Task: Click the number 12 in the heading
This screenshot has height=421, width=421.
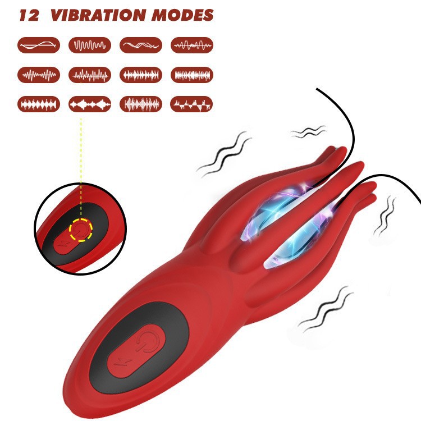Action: tap(29, 15)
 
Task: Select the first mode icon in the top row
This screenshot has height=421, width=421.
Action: tap(39, 45)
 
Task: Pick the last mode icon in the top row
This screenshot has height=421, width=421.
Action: tap(191, 45)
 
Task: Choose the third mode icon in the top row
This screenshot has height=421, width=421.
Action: tap(141, 45)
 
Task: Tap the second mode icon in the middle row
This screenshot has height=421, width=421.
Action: tap(89, 75)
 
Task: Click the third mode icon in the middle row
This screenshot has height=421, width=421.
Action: tap(141, 75)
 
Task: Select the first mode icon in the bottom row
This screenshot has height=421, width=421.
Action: tap(39, 104)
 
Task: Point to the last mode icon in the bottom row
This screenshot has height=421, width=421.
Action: tap(191, 104)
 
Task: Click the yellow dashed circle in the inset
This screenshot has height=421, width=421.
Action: tap(81, 230)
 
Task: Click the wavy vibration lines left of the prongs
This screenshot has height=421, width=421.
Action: tap(223, 154)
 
